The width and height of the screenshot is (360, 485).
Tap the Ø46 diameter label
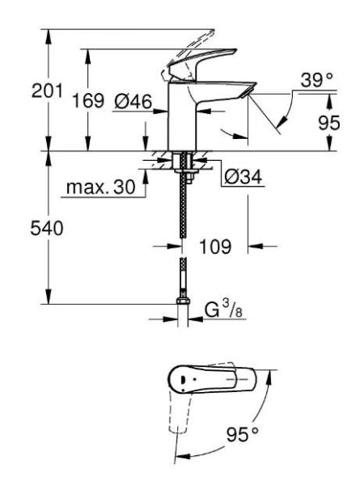tap(132, 101)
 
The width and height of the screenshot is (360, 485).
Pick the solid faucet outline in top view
tap(210, 379)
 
